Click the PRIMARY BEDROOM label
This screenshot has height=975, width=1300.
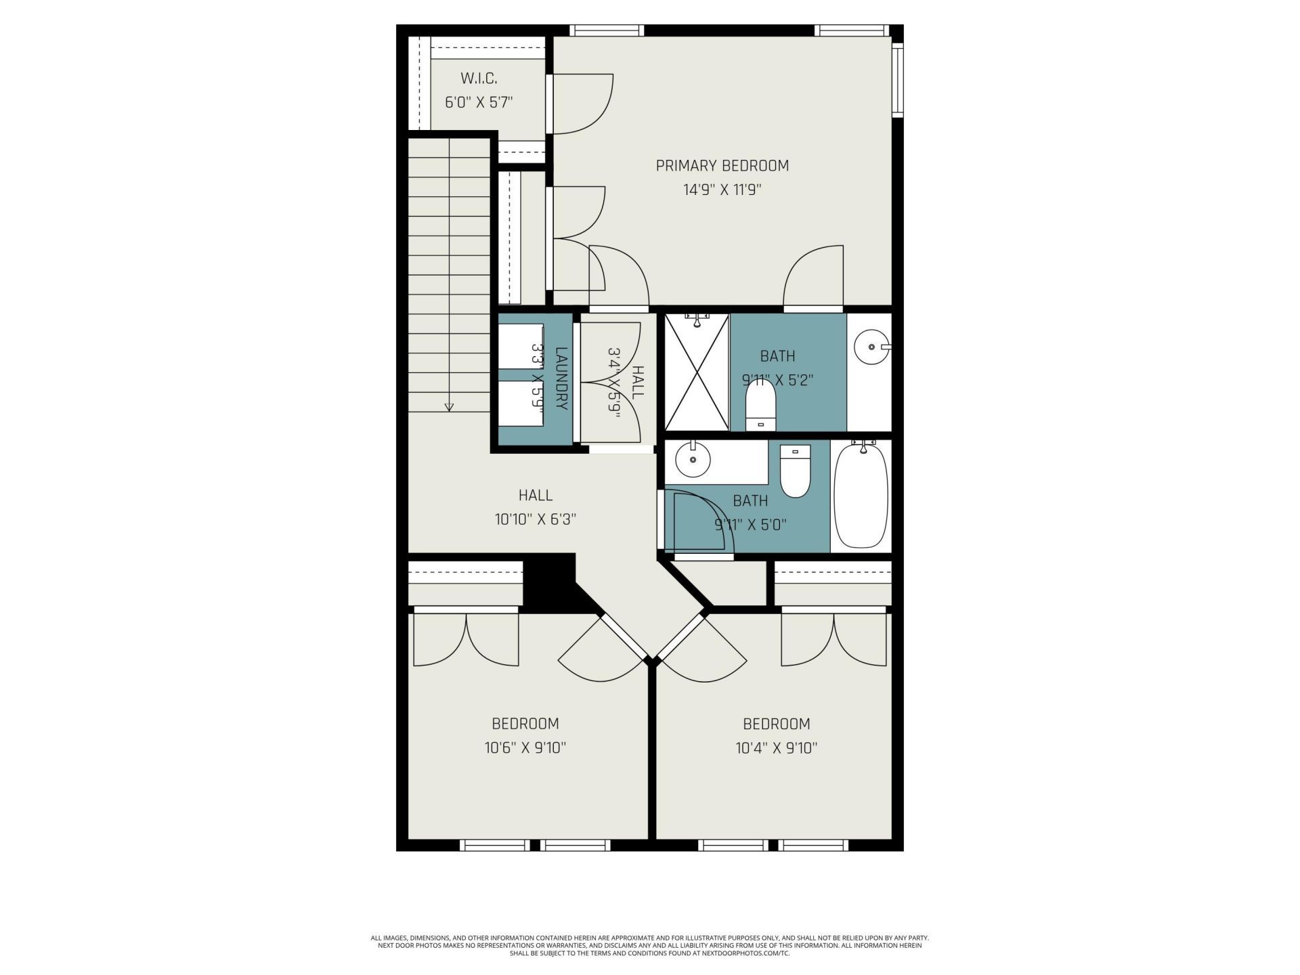coord(722,166)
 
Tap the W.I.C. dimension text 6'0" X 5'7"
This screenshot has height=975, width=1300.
coord(478,103)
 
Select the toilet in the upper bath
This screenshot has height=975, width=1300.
coord(760,404)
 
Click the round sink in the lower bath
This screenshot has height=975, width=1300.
coord(693,460)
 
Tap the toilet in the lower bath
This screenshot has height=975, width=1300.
coord(795,471)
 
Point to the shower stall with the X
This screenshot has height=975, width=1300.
coord(697,372)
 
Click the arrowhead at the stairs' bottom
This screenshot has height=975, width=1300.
coord(449,407)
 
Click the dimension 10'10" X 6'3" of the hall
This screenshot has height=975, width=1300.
coord(535,519)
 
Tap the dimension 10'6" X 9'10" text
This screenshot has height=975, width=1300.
coord(525,748)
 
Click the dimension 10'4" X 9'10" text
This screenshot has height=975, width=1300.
coord(776,748)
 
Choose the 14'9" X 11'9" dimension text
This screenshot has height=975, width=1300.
coord(722,190)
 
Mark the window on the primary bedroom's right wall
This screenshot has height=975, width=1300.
coord(897,79)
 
